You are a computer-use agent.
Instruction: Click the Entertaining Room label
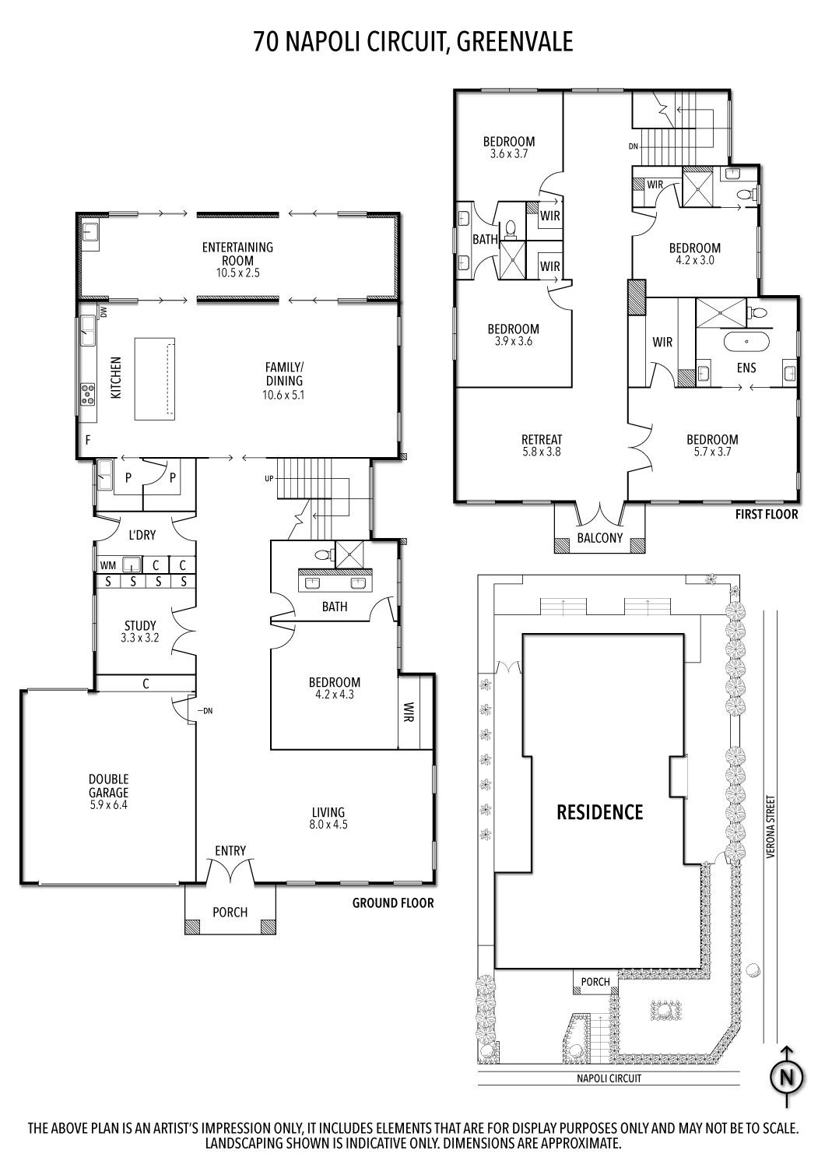[237, 253]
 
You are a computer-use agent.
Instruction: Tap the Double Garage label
[108, 785]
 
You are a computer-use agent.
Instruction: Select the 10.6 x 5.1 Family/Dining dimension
[283, 395]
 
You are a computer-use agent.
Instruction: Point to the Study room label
[140, 625]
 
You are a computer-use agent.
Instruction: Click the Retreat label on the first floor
[542, 440]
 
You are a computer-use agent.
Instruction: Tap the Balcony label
[600, 538]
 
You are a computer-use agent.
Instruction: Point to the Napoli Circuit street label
[609, 1078]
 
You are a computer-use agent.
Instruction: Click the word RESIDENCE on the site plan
[600, 812]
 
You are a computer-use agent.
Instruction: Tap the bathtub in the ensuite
[747, 342]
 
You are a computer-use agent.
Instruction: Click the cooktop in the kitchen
[87, 394]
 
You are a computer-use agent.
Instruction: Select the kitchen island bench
[154, 378]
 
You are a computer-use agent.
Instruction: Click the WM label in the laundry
[108, 565]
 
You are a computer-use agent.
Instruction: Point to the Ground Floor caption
[393, 902]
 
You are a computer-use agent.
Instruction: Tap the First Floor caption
[766, 514]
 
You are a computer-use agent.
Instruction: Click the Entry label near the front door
[230, 851]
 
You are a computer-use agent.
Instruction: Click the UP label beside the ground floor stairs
[269, 478]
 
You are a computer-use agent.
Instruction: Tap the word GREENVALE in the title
[514, 42]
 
